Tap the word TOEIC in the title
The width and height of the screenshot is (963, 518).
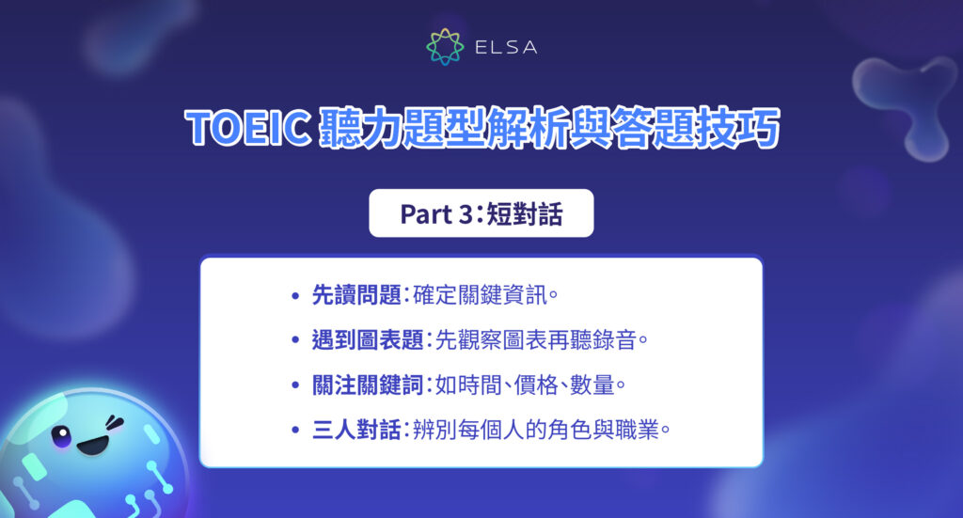point(245,129)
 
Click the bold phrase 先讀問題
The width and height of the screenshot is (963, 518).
point(356,296)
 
